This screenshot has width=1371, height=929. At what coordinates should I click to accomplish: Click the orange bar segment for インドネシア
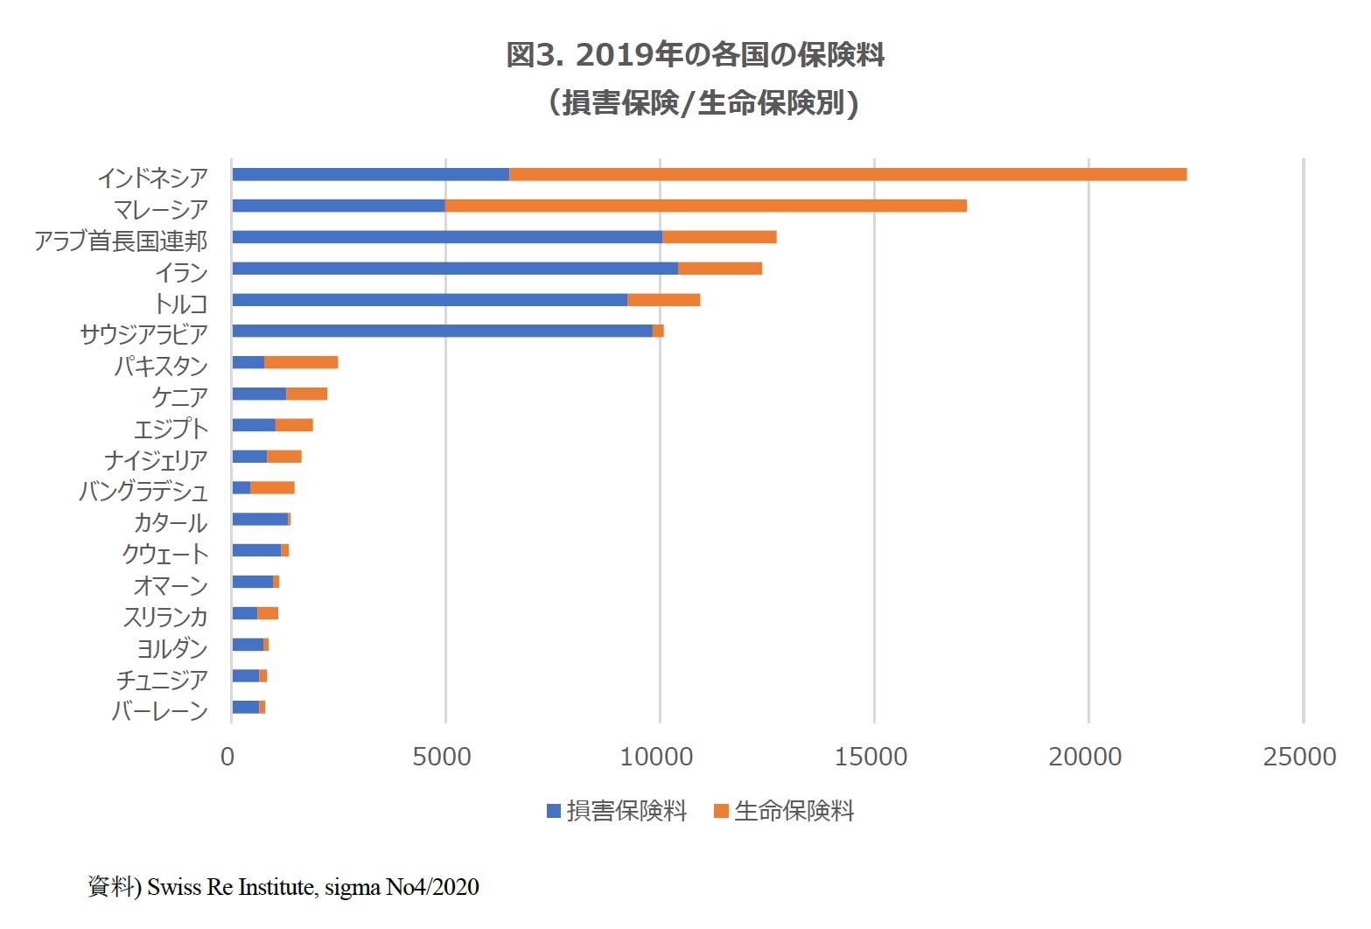click(x=847, y=174)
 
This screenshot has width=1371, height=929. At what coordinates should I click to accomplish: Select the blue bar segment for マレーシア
click(x=339, y=206)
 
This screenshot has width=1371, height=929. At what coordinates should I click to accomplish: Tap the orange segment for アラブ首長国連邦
click(x=719, y=237)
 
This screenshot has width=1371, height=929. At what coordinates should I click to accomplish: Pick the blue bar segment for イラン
click(x=455, y=269)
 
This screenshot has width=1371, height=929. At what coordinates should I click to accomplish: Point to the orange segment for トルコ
click(x=663, y=300)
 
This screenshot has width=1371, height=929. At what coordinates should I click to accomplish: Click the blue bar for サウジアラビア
click(x=442, y=331)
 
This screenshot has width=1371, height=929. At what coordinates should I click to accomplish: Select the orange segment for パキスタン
click(x=301, y=362)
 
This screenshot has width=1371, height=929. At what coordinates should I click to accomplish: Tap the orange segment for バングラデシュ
click(x=272, y=487)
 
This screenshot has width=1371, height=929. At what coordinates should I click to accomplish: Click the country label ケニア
click(x=180, y=397)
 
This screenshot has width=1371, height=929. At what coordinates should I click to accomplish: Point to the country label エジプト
click(x=171, y=429)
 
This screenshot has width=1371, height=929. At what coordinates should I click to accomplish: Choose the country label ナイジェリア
click(x=156, y=460)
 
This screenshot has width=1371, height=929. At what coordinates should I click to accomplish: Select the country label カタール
click(x=171, y=523)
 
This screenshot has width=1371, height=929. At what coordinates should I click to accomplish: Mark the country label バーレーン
click(x=160, y=711)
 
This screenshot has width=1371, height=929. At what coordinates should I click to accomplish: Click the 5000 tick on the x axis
click(x=442, y=757)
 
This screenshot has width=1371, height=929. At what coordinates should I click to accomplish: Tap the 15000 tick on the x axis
click(x=871, y=757)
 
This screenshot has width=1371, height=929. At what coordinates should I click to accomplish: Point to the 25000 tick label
click(x=1299, y=757)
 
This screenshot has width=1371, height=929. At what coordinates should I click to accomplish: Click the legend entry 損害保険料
click(x=626, y=811)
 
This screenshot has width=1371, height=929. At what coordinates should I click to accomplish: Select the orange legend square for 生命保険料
click(x=722, y=811)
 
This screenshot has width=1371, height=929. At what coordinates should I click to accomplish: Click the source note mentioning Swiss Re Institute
click(x=283, y=887)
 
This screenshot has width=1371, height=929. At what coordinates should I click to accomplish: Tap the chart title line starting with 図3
click(x=696, y=55)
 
